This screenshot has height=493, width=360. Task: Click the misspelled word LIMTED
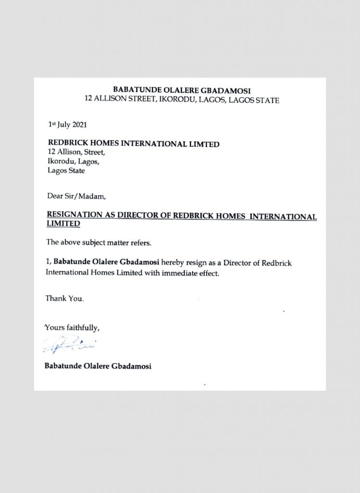pyautogui.click(x=204, y=143)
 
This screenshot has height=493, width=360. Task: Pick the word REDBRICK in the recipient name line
pyautogui.click(x=67, y=143)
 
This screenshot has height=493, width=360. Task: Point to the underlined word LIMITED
pyautogui.click(x=63, y=224)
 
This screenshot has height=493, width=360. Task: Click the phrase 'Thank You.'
pyautogui.click(x=64, y=298)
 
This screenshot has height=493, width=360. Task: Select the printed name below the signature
pyautogui.click(x=98, y=366)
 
